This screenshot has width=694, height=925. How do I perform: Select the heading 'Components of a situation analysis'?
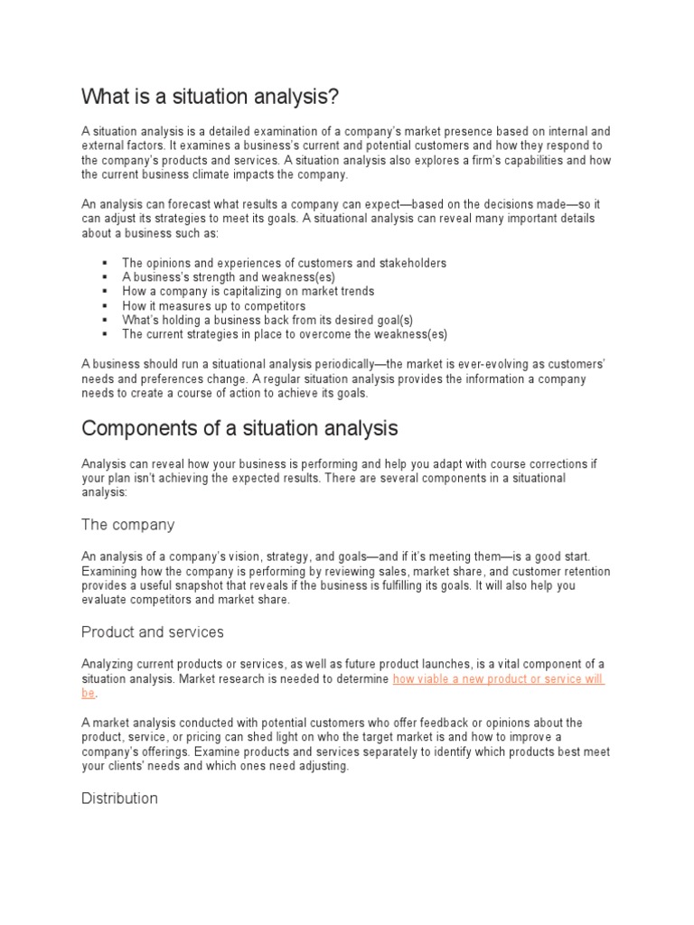click(239, 426)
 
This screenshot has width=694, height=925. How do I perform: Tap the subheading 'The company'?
click(127, 525)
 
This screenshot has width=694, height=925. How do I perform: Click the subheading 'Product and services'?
click(153, 631)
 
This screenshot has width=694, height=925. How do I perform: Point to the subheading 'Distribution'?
click(119, 798)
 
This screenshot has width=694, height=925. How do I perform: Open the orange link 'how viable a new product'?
click(498, 678)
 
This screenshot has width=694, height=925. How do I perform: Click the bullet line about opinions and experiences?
click(284, 263)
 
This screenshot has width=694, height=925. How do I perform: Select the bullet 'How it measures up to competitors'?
click(213, 306)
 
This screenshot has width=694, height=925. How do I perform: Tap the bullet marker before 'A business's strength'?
click(106, 277)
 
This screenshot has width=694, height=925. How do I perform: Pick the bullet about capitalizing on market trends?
click(248, 292)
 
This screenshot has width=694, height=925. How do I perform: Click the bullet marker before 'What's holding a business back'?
click(106, 320)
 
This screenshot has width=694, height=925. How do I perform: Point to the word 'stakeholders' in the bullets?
click(411, 263)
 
